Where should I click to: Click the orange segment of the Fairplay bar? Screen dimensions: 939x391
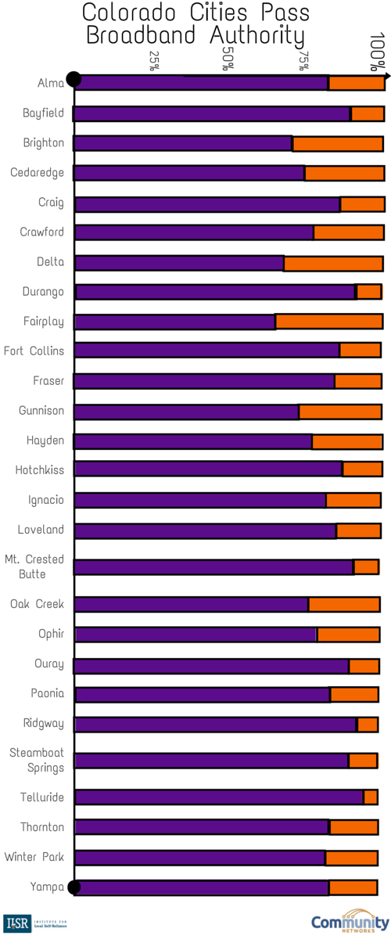[329, 322]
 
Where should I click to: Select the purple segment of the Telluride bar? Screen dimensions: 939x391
[219, 797]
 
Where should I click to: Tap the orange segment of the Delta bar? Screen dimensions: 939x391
[333, 262]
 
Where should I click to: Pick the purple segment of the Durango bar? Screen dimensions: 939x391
[215, 292]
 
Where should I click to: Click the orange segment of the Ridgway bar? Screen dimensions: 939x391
[368, 724]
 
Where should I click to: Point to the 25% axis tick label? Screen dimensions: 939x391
[154, 61]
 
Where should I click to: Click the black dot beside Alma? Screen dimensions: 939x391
[74, 79]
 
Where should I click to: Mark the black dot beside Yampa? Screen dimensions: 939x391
[74, 887]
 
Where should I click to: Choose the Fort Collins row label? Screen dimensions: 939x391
[34, 351]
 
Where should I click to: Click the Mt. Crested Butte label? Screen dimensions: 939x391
[34, 567]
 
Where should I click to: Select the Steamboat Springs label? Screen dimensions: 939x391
[36, 760]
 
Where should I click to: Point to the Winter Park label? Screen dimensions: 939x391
[34, 858]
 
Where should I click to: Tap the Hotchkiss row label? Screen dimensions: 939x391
[40, 470]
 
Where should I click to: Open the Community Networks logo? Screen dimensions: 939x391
[350, 921]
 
